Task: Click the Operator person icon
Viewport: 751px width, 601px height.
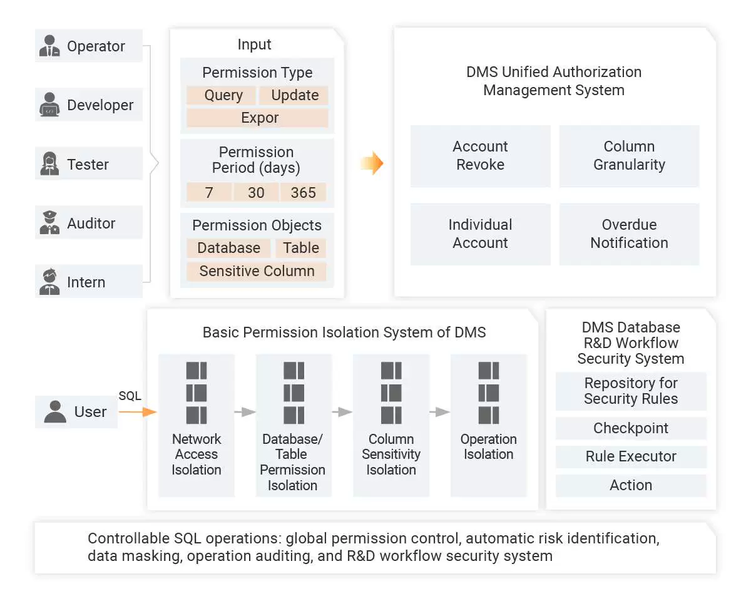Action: [49, 46]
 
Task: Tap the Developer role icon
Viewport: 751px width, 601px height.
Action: [49, 105]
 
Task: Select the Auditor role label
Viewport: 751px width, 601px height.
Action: [91, 223]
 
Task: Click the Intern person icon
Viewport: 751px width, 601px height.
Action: [49, 282]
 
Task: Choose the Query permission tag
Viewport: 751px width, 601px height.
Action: [223, 95]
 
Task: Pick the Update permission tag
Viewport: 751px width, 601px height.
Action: [295, 95]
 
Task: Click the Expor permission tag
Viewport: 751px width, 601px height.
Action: [257, 118]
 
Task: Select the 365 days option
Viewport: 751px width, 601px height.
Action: [304, 192]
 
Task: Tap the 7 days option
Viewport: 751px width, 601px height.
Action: [209, 192]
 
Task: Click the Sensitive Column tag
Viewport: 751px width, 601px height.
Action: [257, 271]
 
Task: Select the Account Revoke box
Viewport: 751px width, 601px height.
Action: [480, 156]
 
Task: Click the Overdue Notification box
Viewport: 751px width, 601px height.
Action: [629, 234]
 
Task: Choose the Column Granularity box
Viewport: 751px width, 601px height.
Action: [629, 156]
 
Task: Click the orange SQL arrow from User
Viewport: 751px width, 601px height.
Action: [137, 411]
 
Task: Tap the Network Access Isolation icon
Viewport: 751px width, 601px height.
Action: [197, 393]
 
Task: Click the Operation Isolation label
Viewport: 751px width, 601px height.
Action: [488, 447]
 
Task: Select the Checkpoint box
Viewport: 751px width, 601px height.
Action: [631, 428]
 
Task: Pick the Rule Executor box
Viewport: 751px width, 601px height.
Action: [631, 456]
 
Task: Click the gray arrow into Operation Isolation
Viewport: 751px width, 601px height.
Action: [439, 412]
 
